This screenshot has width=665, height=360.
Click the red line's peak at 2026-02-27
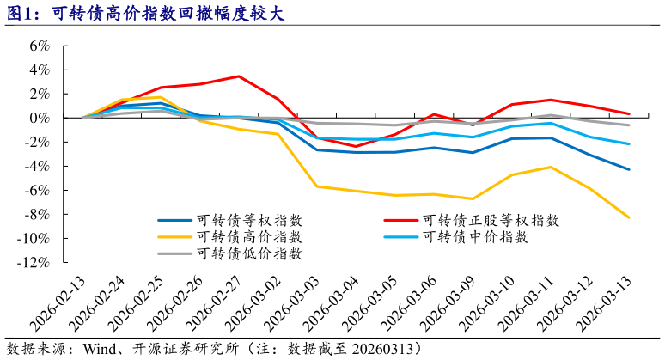pos(238,76)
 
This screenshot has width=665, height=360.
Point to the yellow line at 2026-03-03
pos(316,186)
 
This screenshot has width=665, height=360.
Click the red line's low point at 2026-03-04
pos(355,146)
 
